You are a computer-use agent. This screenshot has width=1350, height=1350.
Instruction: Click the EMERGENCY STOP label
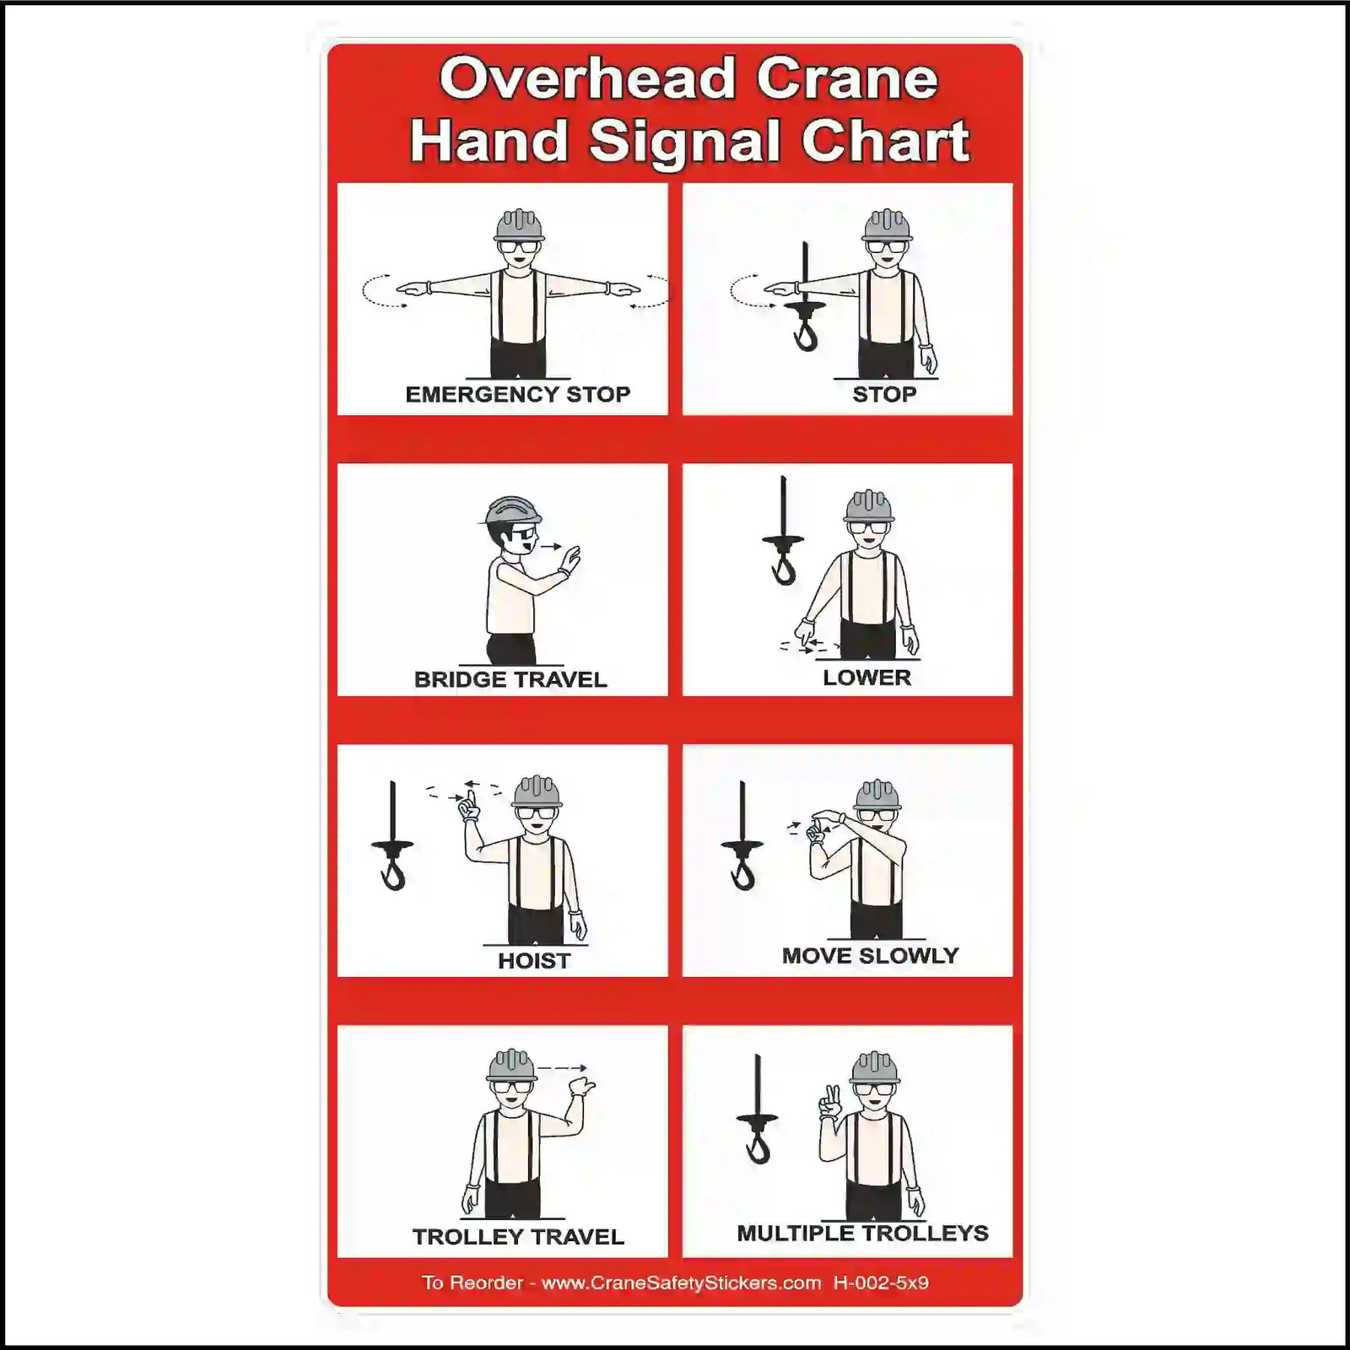(x=517, y=394)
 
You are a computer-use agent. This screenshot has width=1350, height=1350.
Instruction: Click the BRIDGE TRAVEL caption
(x=510, y=679)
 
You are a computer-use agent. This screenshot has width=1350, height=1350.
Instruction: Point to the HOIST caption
(x=533, y=960)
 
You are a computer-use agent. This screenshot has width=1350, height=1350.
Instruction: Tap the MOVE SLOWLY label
(x=870, y=955)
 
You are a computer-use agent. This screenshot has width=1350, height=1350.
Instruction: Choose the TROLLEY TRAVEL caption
(x=518, y=1237)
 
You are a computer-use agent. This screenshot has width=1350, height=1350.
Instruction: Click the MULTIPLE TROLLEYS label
(x=862, y=1233)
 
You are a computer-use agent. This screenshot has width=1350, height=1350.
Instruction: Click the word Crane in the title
(x=846, y=78)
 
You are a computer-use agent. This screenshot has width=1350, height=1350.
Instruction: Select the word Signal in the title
(x=683, y=141)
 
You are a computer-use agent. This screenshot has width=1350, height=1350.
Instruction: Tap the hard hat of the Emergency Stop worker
(x=519, y=225)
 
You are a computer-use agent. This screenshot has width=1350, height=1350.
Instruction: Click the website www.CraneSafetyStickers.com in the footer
(x=681, y=1283)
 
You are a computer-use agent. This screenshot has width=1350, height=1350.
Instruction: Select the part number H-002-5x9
(x=881, y=1283)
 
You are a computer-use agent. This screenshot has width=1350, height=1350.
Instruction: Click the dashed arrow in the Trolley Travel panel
(x=562, y=1068)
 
